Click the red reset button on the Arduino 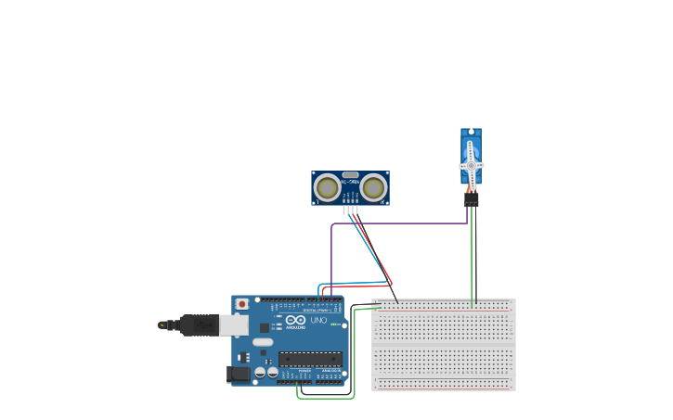(242, 303)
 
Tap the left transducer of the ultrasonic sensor (327, 188)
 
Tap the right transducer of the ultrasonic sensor (373, 188)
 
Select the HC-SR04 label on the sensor (350, 182)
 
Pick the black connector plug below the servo (471, 199)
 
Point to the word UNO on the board (318, 320)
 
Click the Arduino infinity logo (295, 320)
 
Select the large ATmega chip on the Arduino (310, 359)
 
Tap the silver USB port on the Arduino (235, 325)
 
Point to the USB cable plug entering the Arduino (200, 325)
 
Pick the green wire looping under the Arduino (325, 398)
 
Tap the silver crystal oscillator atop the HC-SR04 (350, 174)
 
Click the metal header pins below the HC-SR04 (350, 210)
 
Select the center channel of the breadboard (444, 345)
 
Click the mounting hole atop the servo (471, 133)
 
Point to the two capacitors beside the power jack (266, 373)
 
